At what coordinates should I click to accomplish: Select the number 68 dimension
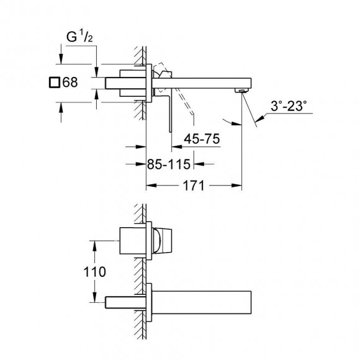click(70, 81)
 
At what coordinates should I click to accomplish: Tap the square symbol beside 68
click(54, 81)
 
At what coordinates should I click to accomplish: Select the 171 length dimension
click(192, 186)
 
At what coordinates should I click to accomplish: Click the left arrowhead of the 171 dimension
click(149, 186)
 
